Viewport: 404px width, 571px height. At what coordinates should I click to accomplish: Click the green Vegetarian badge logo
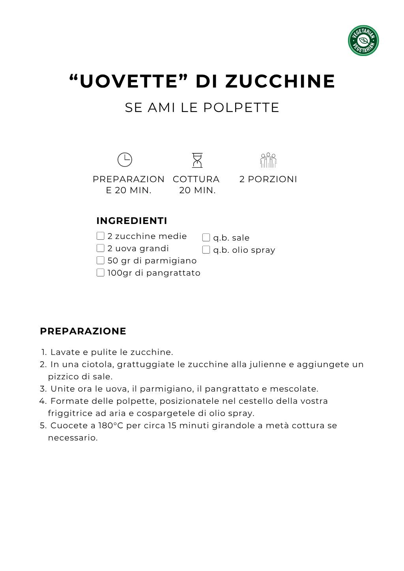[x=363, y=41]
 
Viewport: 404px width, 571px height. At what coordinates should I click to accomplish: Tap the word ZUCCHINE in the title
[x=280, y=81]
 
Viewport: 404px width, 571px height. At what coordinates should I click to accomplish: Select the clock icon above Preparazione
[x=125, y=160]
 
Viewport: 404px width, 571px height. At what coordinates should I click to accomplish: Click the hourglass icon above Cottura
[x=197, y=160]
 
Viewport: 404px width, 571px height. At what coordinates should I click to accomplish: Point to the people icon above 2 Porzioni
[x=268, y=160]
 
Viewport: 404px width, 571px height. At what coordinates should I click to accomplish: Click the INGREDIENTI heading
[x=132, y=221]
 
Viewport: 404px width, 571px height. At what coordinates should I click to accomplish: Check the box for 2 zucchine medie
[x=101, y=236]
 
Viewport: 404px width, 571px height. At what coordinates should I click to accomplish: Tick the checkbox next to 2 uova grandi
[x=101, y=248]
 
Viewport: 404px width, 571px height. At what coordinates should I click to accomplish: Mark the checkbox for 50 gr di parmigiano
[x=101, y=260]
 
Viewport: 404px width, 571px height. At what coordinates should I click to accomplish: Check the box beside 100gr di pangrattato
[x=101, y=272]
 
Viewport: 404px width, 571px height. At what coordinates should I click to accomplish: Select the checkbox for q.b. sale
[x=206, y=237]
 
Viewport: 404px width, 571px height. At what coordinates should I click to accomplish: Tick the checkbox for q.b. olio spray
[x=206, y=250]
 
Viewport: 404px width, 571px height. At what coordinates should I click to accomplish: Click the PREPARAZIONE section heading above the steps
[x=83, y=331]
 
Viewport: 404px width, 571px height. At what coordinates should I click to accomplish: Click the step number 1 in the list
[x=44, y=352]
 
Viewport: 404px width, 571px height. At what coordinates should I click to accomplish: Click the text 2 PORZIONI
[x=268, y=179]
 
